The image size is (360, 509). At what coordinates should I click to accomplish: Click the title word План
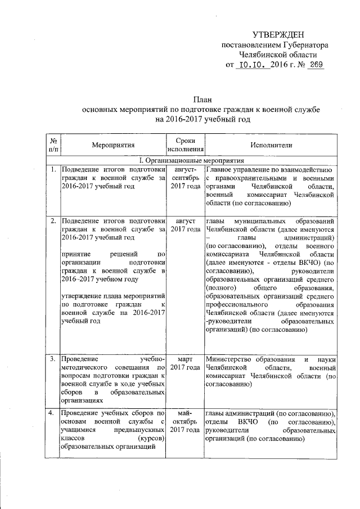[x=201, y=98]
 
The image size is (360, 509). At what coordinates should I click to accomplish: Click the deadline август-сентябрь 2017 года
[x=185, y=178]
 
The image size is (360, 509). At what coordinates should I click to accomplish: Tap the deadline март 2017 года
[x=185, y=363]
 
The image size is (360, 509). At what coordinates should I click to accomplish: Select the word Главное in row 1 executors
[x=221, y=169]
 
